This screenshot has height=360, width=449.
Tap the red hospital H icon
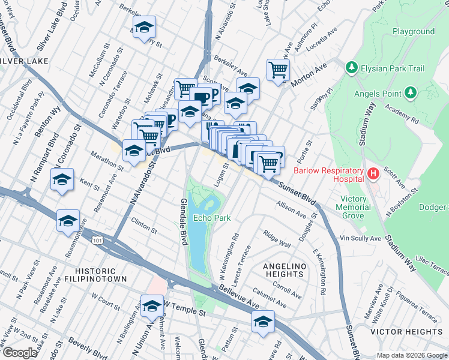(373, 175)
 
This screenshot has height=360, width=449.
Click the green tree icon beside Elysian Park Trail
(352, 68)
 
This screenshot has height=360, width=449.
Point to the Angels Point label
(377, 92)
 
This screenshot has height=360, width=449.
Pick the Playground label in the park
(414, 31)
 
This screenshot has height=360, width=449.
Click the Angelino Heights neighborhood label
(285, 270)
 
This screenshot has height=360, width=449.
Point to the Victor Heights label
(406, 331)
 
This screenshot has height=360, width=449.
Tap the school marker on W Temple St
(152, 306)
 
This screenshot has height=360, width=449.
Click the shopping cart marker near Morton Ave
(278, 71)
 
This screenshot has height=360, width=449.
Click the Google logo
(20, 353)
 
